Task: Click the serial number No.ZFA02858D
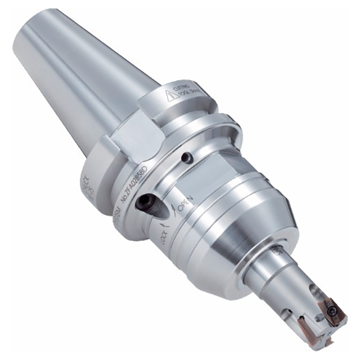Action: [134, 184]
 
